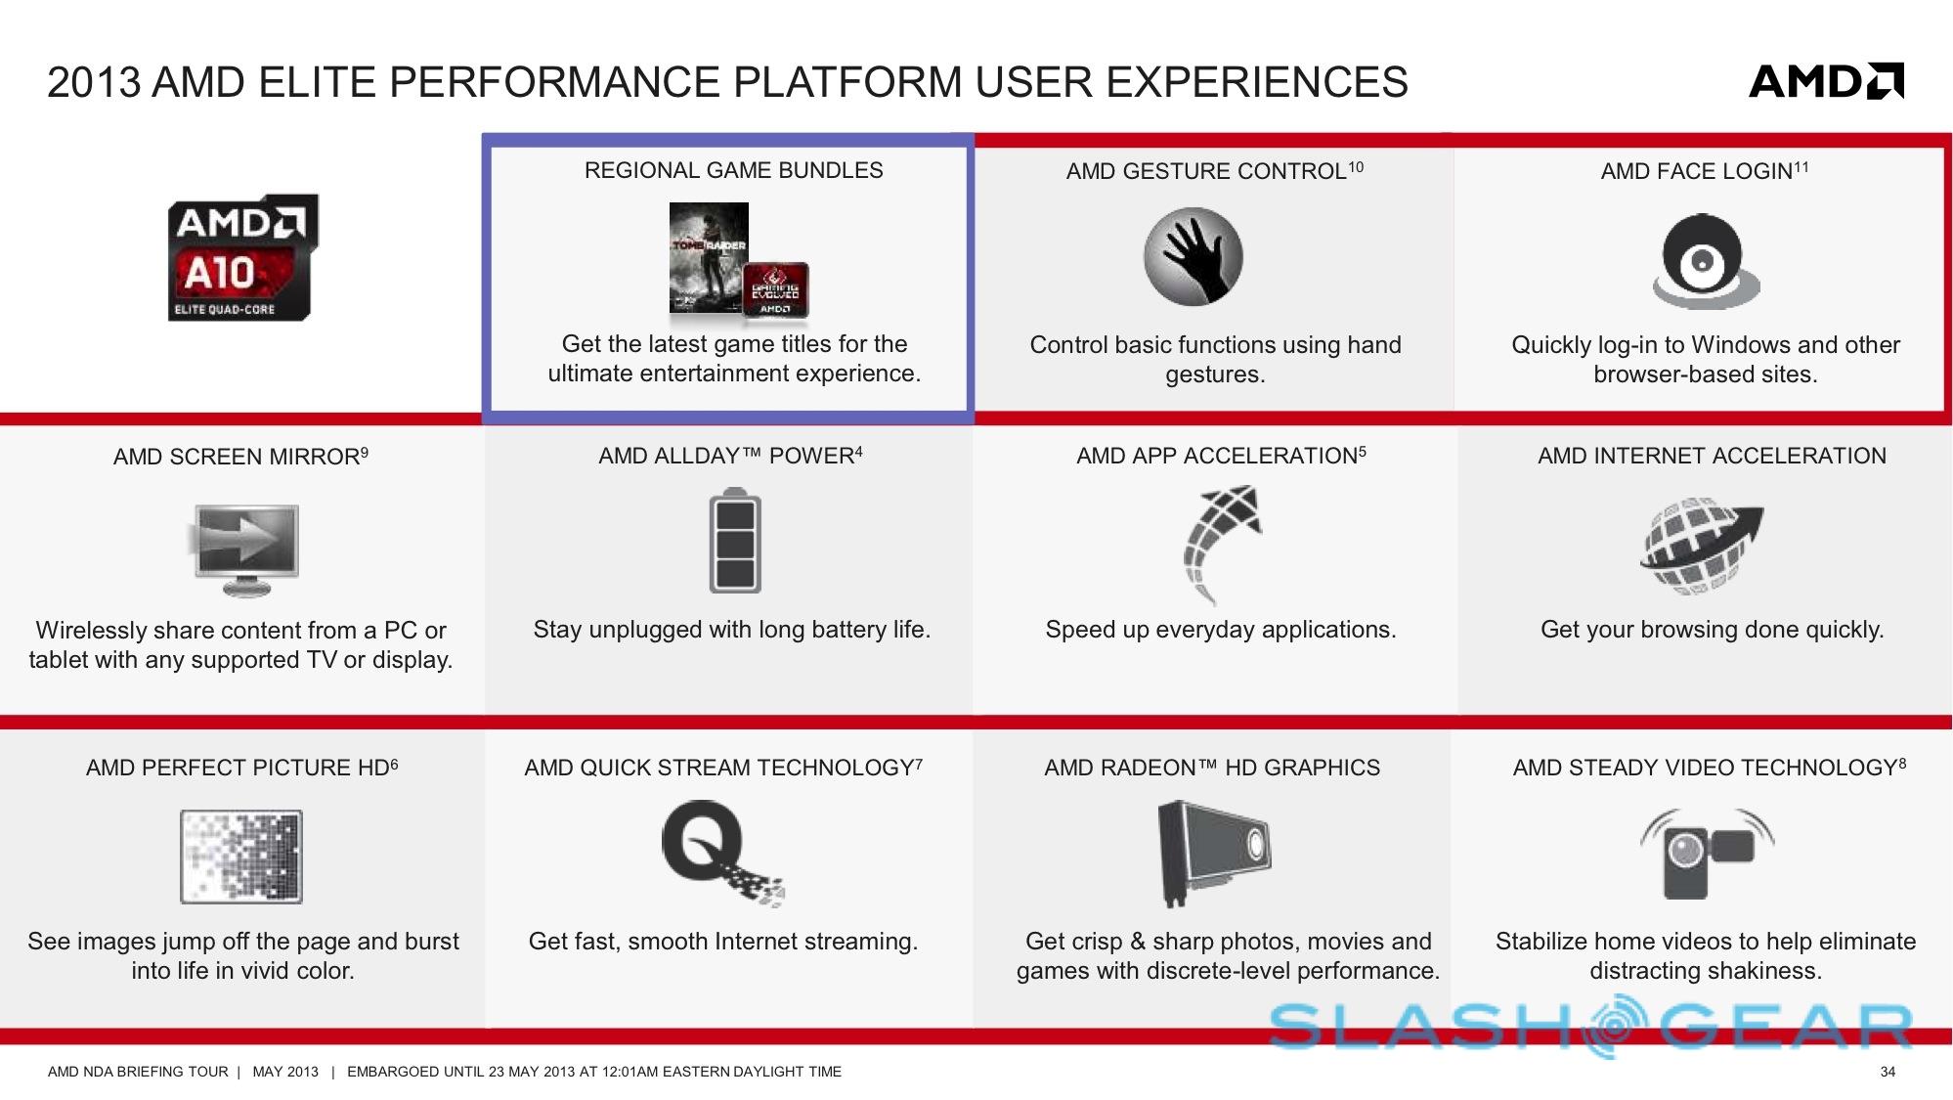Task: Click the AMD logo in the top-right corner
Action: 1826,81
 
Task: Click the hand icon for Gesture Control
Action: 1193,256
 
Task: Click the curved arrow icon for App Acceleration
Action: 1222,544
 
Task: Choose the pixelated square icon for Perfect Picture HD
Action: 241,857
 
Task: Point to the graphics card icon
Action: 1213,854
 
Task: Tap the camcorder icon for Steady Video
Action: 1707,854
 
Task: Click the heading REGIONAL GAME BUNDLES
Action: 733,170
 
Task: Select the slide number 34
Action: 1888,1072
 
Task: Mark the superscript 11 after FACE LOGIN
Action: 1801,167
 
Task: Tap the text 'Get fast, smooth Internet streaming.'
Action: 723,942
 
